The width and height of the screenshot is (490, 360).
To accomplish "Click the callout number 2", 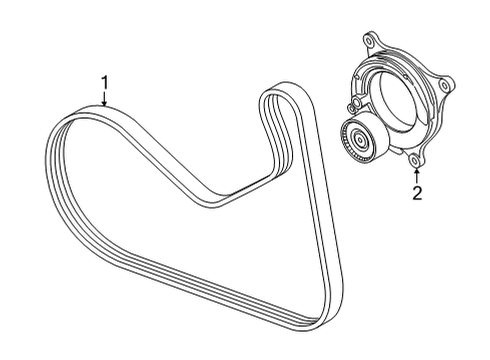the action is coord(417,193).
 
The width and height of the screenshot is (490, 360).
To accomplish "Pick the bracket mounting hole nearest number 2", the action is coord(413,157).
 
